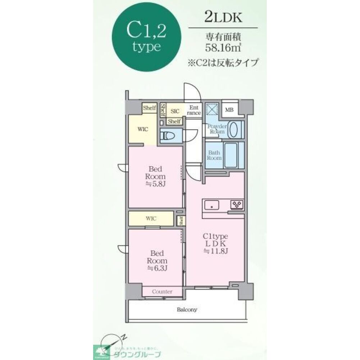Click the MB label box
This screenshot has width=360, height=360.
pos(229,110)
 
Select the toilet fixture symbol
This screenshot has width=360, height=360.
pos(168,136)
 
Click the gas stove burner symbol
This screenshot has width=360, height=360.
pos(237,204)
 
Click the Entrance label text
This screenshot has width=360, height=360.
pos(194,110)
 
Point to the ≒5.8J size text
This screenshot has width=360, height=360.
pos(155,184)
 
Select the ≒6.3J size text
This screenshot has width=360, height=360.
pos(157,268)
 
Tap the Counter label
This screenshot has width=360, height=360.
pos(162,291)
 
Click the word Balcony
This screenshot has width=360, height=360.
pos(187,309)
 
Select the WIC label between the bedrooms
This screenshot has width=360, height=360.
pos(151,218)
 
